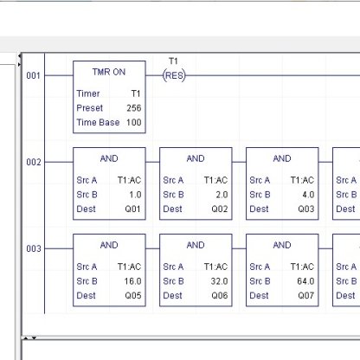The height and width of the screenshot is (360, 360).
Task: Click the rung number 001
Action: [33, 76]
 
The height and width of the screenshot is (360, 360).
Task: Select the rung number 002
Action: [33, 163]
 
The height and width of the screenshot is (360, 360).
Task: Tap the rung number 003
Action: [33, 249]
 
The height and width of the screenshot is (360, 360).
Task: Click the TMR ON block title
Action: [109, 72]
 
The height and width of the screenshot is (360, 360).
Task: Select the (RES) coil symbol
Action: [174, 75]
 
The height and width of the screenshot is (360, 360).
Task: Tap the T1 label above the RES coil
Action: [173, 61]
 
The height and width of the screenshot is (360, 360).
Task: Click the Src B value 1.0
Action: [134, 195]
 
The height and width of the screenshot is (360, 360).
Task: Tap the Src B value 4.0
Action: [307, 195]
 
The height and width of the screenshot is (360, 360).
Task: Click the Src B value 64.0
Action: [305, 281]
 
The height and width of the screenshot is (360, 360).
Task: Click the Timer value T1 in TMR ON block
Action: [136, 93]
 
